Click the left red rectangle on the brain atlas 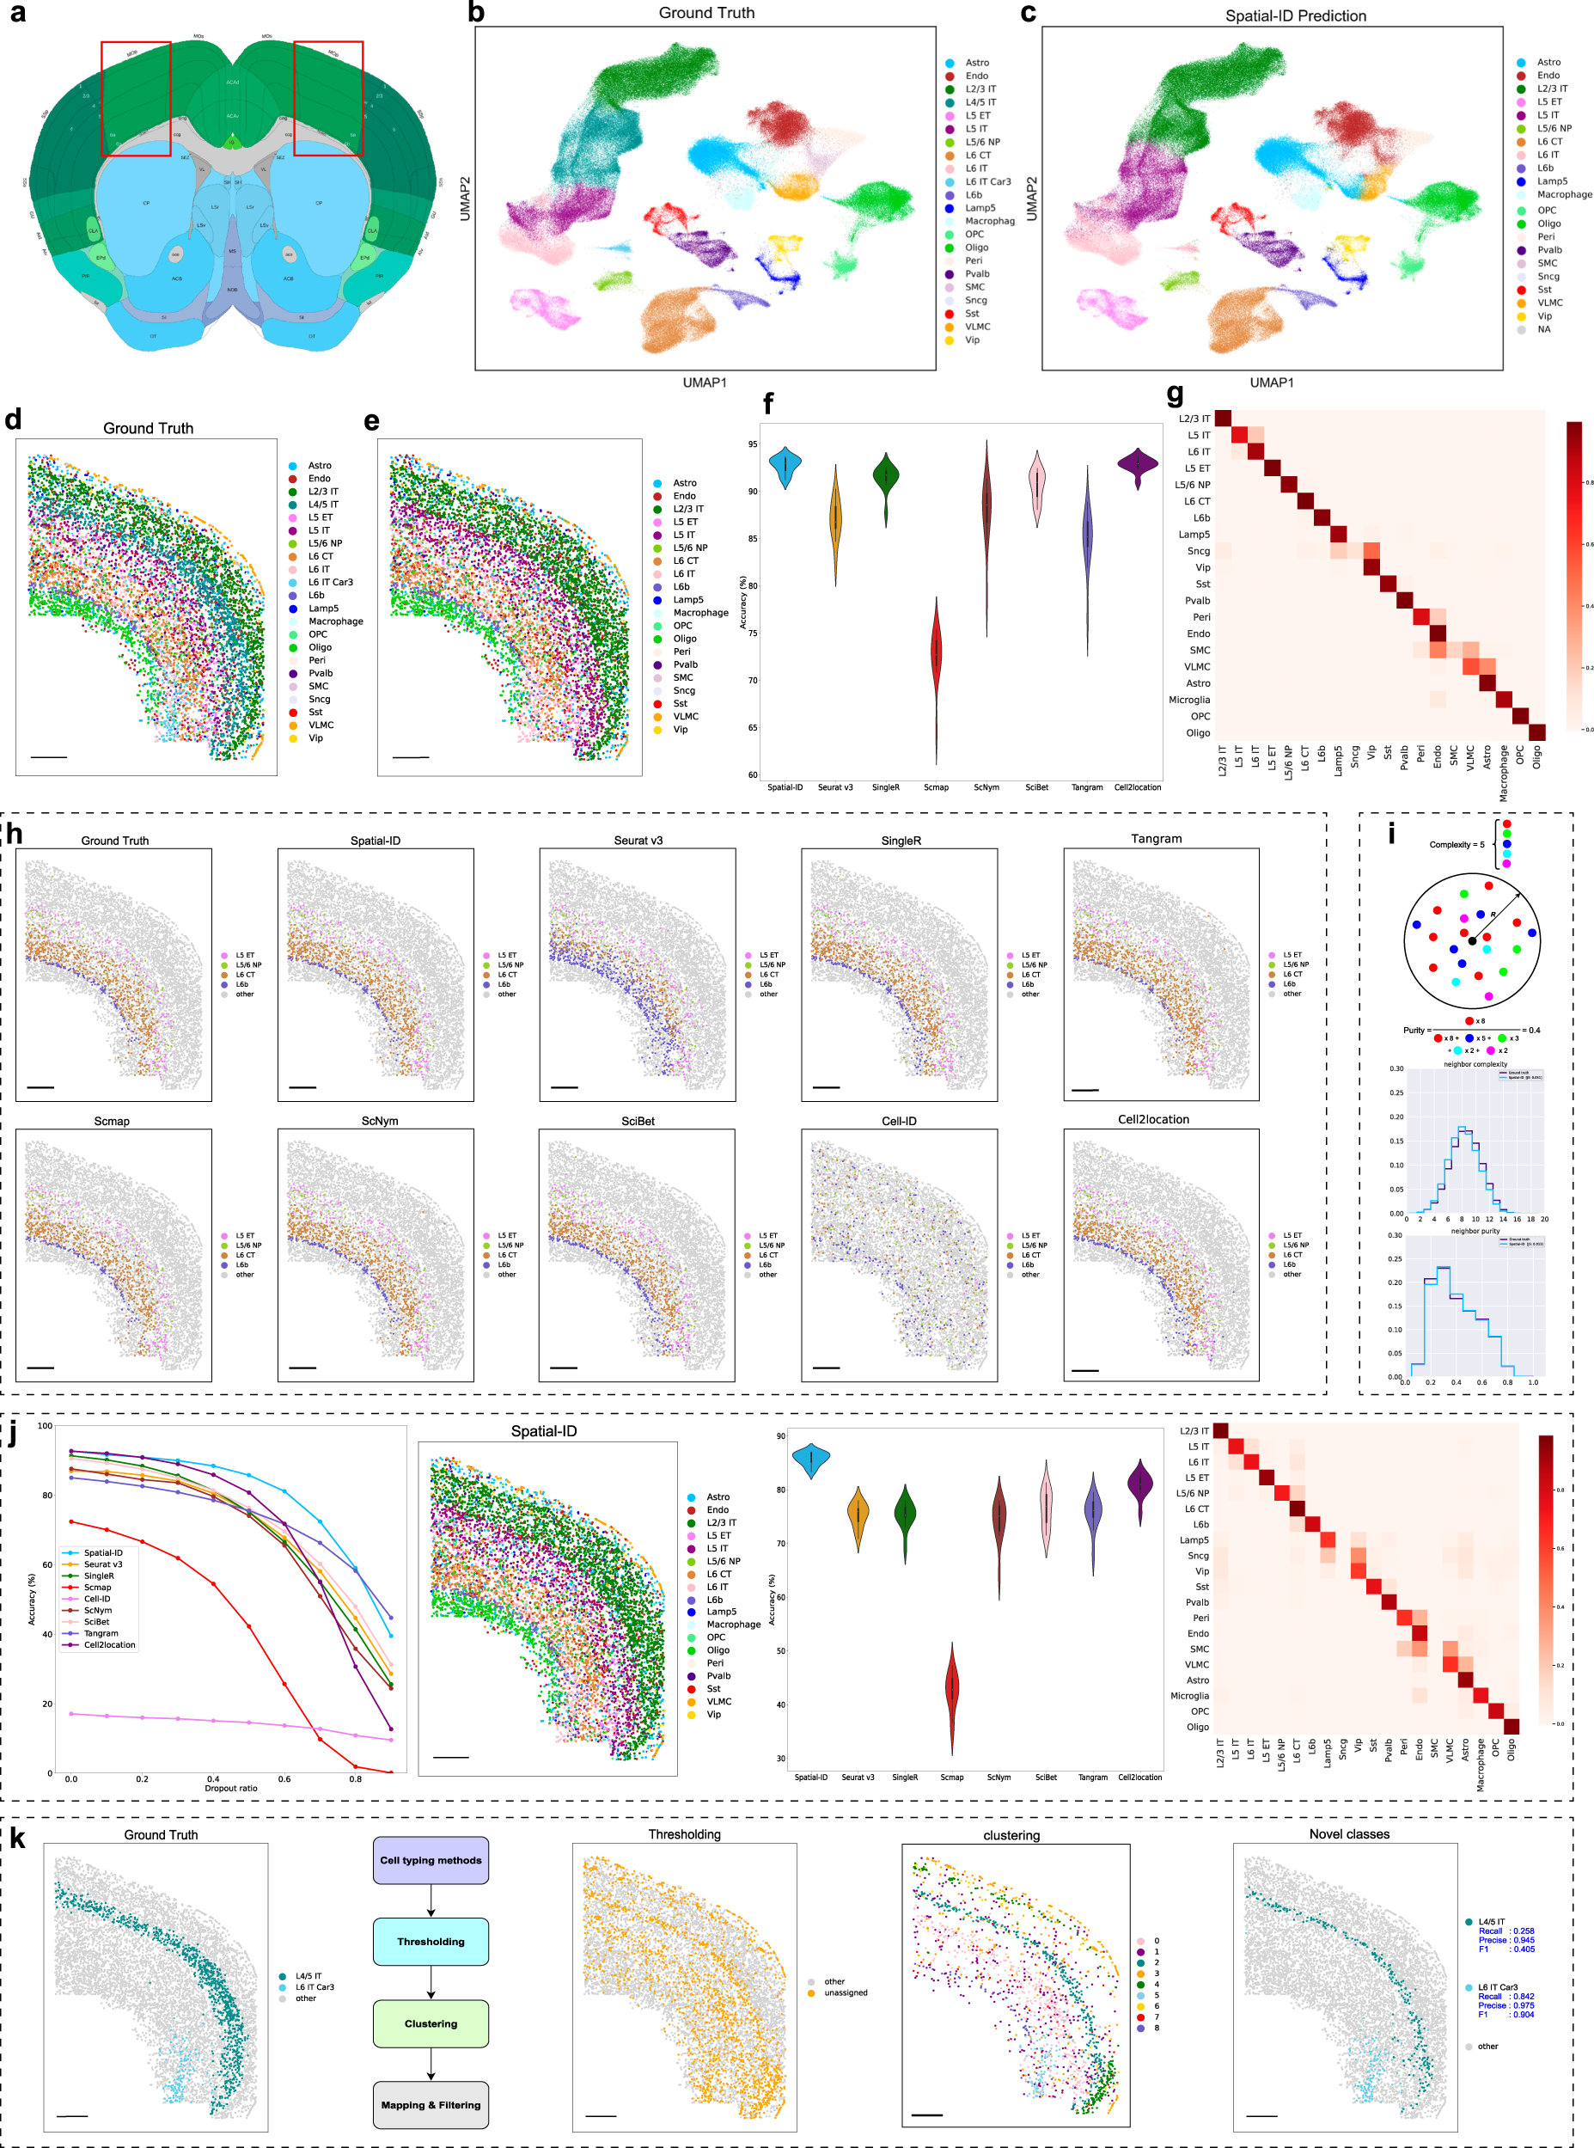(136, 99)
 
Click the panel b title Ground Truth (706, 13)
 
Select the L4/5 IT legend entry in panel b (980, 102)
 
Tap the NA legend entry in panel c (1544, 329)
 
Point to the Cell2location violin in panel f (1138, 466)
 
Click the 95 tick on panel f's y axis (752, 445)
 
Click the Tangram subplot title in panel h (1155, 839)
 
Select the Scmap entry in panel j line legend (96, 1588)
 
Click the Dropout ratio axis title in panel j (230, 1788)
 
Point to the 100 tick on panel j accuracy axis (45, 1426)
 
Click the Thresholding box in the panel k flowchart (431, 1942)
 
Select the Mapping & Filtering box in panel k (431, 2104)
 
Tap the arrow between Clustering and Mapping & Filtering (431, 2064)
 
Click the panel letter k (17, 1838)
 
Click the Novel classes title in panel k (1348, 1833)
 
